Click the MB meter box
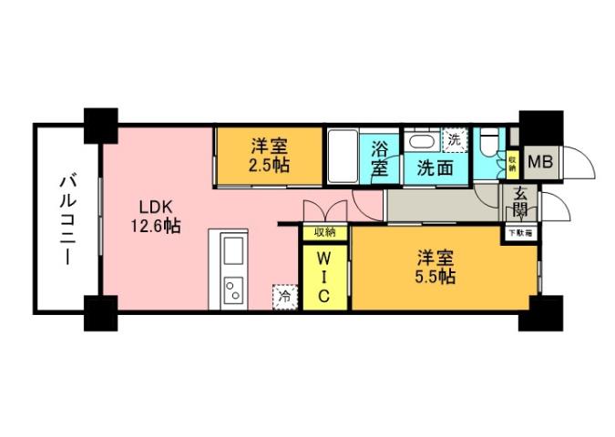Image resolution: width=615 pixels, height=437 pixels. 540,164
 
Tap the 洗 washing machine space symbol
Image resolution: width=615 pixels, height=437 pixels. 453,141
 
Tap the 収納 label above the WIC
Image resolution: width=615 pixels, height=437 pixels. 324,232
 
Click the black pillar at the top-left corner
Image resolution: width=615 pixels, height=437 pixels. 100,124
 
